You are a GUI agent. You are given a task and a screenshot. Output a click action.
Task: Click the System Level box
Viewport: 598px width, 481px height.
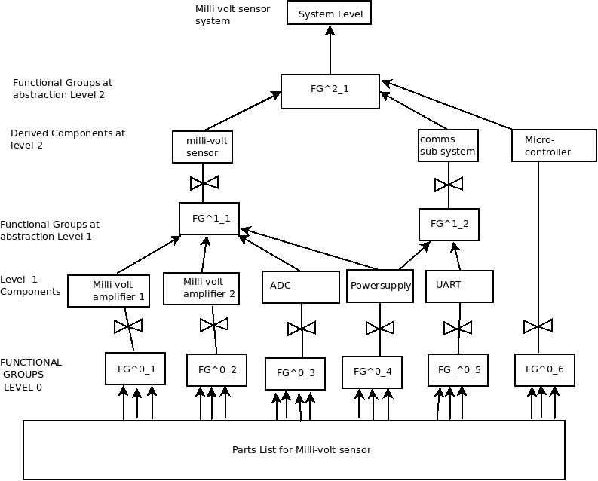(x=330, y=14)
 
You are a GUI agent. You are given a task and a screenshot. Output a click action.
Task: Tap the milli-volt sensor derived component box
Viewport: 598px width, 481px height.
(x=202, y=147)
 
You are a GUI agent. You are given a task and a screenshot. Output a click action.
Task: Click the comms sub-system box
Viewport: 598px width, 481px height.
(x=448, y=146)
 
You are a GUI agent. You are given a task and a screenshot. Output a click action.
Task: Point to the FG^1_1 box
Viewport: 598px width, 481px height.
(x=210, y=219)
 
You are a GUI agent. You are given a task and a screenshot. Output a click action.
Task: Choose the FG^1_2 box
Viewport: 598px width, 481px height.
(x=449, y=224)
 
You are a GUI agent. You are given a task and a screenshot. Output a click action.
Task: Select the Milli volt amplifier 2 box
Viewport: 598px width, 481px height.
(x=201, y=289)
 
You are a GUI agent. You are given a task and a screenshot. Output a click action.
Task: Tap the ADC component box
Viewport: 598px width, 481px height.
(x=302, y=287)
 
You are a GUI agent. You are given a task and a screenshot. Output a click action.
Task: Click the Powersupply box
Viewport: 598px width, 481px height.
(x=380, y=286)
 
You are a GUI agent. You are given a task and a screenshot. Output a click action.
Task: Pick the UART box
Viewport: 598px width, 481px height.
(x=459, y=286)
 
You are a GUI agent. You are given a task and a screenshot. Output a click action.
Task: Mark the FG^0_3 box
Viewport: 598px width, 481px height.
(x=295, y=373)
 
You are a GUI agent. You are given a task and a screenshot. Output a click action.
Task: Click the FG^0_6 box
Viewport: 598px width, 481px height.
(x=539, y=370)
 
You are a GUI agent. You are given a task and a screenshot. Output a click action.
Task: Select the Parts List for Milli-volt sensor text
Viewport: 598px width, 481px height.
(x=301, y=450)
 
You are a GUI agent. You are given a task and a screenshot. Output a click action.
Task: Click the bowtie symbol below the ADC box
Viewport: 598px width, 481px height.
(x=302, y=329)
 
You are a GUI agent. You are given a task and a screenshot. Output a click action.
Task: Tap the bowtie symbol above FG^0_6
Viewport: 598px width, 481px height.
(x=538, y=326)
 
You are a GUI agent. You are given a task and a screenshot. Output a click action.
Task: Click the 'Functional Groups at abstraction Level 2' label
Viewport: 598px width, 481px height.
(x=63, y=89)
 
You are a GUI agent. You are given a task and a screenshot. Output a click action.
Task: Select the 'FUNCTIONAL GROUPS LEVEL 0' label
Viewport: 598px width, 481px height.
(x=31, y=375)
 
